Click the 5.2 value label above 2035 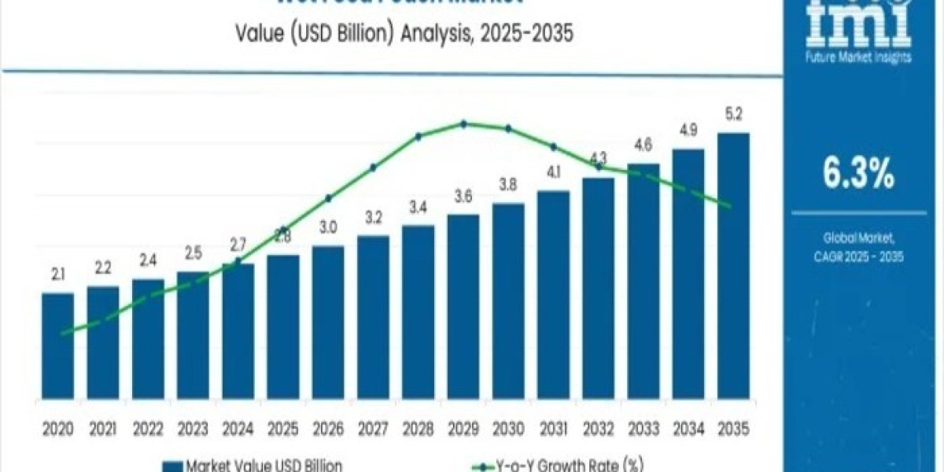coord(734,113)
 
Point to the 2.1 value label coord(57,274)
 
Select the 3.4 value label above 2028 coord(418,208)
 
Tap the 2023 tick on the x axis coord(193,430)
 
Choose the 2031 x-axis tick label coord(553,430)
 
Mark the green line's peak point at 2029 coord(463,124)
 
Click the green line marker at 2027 coord(373,167)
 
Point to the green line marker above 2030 coord(508,128)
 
